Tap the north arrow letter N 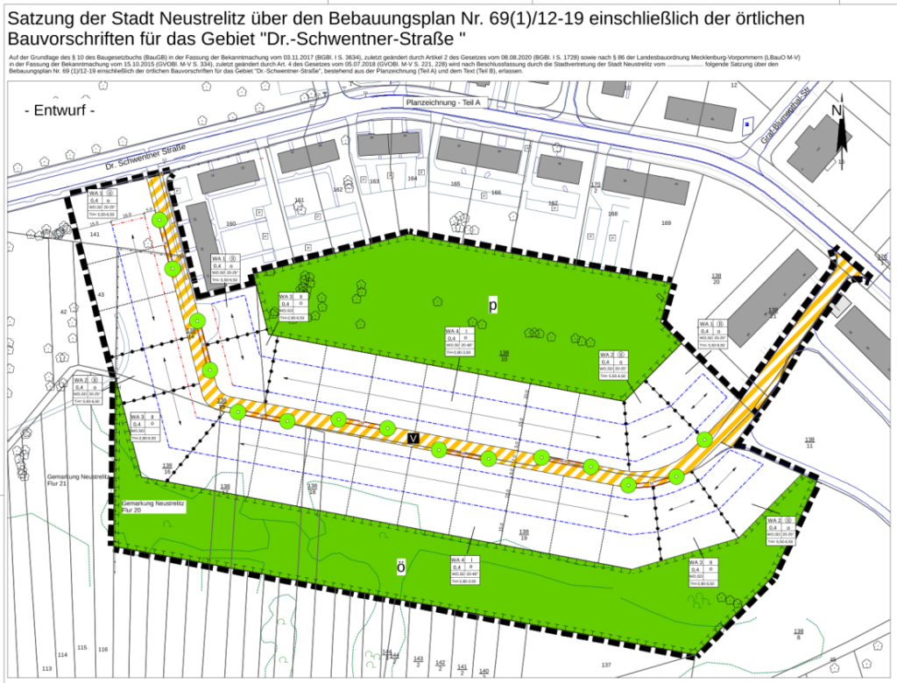837,110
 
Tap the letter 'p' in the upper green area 493,304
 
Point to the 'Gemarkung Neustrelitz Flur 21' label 76,481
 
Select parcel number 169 666,224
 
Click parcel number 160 231,224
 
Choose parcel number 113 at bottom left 46,669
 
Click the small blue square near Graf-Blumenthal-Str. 746,124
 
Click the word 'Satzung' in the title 44,18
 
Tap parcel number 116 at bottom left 102,649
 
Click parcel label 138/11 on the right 809,442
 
